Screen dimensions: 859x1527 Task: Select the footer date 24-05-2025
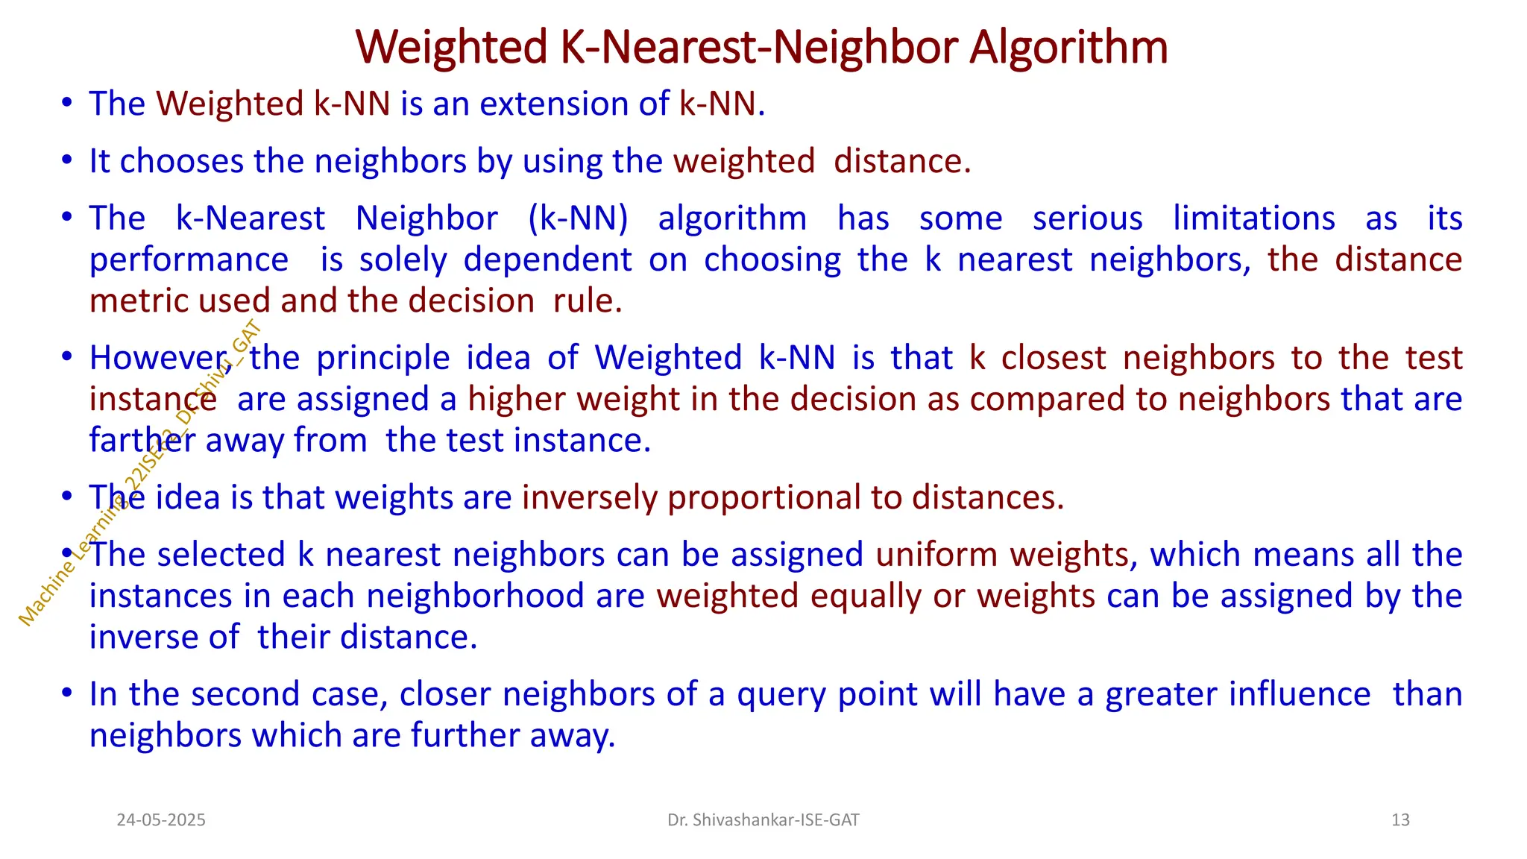coord(161,820)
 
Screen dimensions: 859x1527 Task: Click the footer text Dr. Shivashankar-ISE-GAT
coord(763,820)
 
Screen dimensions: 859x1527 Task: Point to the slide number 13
coord(1400,820)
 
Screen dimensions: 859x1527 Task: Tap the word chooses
coord(181,161)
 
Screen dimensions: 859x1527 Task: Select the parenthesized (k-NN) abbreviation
coord(578,218)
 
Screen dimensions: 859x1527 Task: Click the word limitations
coord(1254,218)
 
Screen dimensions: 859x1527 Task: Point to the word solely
coord(403,259)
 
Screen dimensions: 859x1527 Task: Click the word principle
coord(383,359)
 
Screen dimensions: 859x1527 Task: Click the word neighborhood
coord(475,596)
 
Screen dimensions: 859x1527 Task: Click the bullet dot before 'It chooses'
coord(67,160)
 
